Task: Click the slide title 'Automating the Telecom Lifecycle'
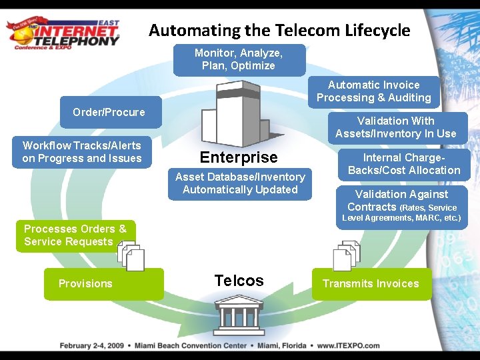click(x=279, y=30)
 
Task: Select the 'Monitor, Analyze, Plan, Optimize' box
click(x=239, y=59)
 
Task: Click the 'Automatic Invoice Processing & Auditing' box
click(x=373, y=91)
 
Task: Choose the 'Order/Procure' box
click(x=109, y=112)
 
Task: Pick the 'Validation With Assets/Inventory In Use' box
click(x=395, y=127)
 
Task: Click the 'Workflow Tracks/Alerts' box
click(x=82, y=152)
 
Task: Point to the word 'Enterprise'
click(x=239, y=157)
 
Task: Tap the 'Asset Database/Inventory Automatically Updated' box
click(x=240, y=183)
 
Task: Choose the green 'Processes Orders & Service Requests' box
click(x=75, y=235)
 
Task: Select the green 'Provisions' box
click(x=103, y=283)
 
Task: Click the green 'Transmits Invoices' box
click(x=371, y=283)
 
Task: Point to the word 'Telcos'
click(x=239, y=281)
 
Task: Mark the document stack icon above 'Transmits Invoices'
click(x=347, y=255)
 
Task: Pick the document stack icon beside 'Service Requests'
click(x=131, y=255)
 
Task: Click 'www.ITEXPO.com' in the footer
click(x=348, y=346)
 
